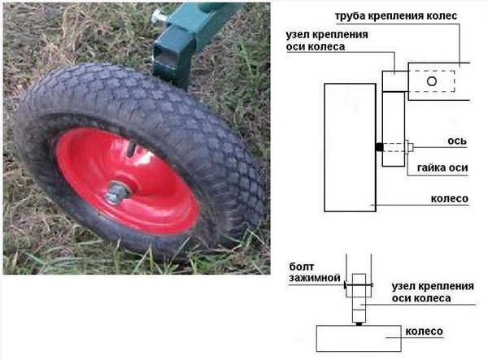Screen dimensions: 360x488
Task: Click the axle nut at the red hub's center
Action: (x=119, y=193)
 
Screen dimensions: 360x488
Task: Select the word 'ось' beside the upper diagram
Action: (x=457, y=140)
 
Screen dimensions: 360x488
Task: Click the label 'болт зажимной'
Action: (x=311, y=272)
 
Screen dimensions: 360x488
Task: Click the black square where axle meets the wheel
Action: (x=378, y=147)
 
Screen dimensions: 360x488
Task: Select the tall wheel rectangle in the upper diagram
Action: (x=349, y=145)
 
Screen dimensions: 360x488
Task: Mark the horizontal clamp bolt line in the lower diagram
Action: (x=358, y=285)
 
